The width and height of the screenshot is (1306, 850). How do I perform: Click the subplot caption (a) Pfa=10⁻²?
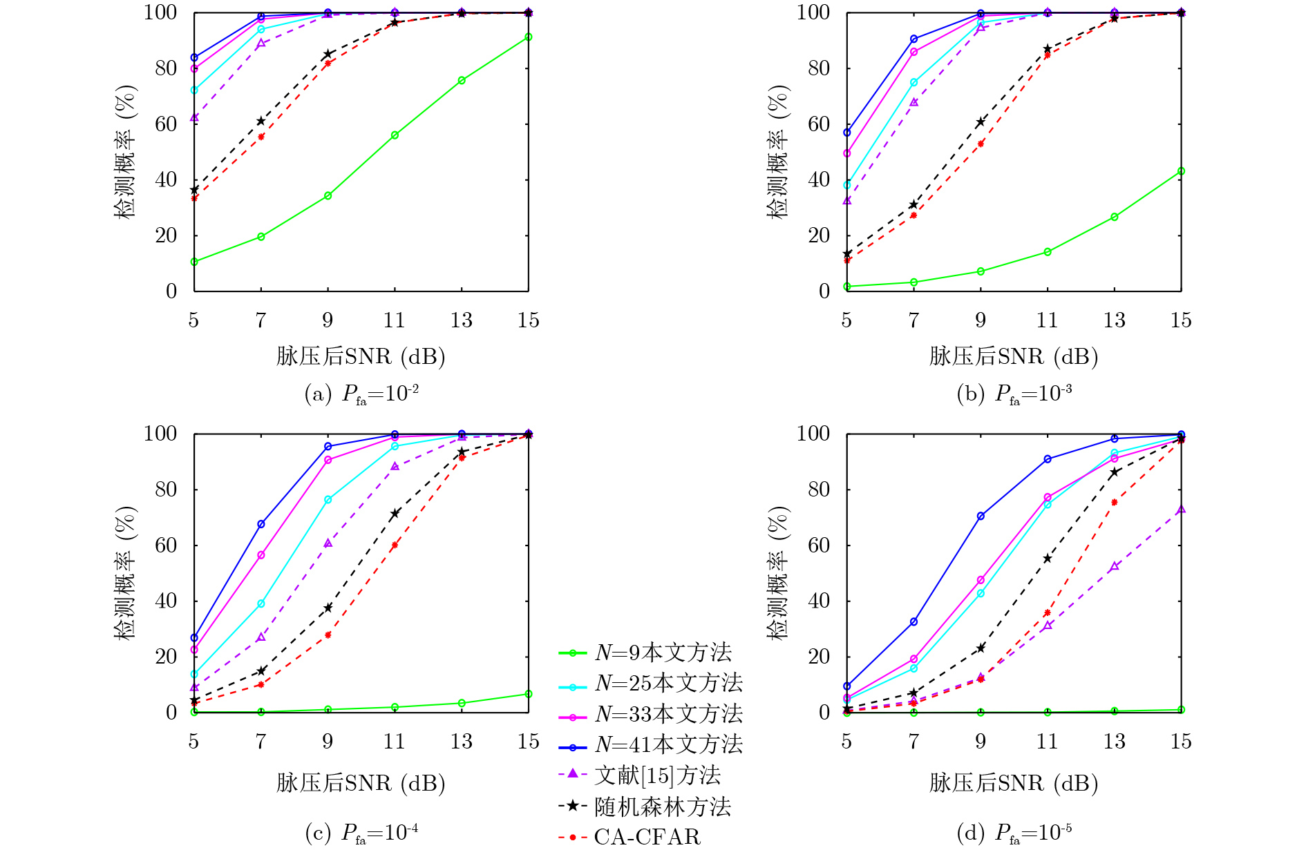click(x=361, y=394)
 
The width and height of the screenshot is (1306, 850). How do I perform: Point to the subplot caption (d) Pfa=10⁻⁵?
click(x=1014, y=833)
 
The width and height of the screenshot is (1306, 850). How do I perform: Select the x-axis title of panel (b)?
click(x=1014, y=356)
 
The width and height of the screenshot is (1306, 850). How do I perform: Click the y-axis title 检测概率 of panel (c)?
click(x=126, y=573)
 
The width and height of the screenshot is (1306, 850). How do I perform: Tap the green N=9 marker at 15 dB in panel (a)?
click(x=529, y=37)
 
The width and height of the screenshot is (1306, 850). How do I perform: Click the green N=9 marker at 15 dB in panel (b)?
click(x=1182, y=171)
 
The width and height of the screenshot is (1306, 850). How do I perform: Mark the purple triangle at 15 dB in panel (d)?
click(x=1182, y=510)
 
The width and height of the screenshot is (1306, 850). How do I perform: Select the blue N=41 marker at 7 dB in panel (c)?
click(x=261, y=524)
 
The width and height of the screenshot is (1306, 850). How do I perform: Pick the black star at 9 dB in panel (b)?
click(x=981, y=122)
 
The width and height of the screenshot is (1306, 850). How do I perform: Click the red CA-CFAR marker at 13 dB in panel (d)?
click(x=1115, y=502)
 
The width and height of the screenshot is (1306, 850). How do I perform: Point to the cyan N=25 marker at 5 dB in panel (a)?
click(x=194, y=90)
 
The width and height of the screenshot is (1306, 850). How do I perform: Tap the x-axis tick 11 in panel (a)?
click(x=394, y=320)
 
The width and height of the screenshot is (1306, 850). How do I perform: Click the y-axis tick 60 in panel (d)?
click(x=819, y=545)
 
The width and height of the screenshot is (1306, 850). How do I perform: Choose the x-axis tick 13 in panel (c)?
click(x=461, y=742)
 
